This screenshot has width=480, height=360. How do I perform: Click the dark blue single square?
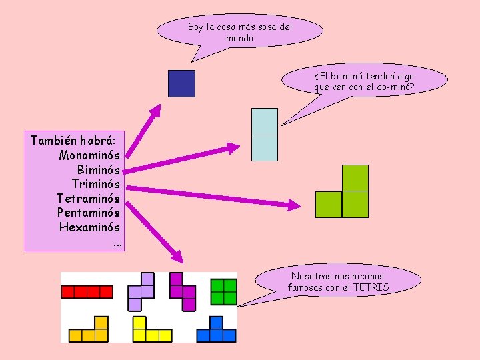tap(181, 84)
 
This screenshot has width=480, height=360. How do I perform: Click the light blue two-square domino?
tap(264, 135)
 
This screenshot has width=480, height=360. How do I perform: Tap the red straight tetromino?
tap(87, 291)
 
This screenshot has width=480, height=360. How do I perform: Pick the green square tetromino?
tap(223, 291)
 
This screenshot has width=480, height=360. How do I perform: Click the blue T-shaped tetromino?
tap(215, 331)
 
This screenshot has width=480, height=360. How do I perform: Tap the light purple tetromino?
tap(142, 291)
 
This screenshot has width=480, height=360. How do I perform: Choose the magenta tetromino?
tap(183, 291)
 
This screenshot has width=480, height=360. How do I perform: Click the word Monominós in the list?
tap(89, 155)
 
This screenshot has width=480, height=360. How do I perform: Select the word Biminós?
tap(99, 170)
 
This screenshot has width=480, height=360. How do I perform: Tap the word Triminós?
tap(96, 184)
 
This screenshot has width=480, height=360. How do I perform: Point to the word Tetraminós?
tap(89, 199)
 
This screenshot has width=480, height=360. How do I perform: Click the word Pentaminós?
tap(89, 213)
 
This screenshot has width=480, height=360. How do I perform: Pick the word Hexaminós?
tap(89, 227)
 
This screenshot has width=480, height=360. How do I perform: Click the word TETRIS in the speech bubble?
tap(371, 287)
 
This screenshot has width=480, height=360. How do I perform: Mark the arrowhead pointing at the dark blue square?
tap(157, 109)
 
